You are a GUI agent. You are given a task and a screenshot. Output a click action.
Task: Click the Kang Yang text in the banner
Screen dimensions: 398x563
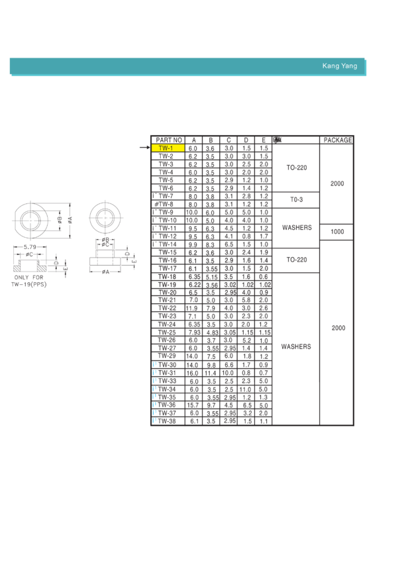[339, 66]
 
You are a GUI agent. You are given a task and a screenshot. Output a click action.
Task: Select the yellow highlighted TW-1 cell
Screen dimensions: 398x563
[168, 148]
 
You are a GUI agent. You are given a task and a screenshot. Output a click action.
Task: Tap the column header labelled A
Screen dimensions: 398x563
[193, 140]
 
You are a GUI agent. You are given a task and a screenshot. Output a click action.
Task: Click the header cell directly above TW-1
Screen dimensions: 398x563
[168, 140]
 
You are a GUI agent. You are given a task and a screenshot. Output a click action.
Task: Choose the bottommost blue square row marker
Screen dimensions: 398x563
[154, 420]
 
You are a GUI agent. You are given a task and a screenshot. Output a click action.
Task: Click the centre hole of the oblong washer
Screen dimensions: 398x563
[30, 219]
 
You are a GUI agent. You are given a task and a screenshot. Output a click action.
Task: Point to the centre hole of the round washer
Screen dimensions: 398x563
[105, 217]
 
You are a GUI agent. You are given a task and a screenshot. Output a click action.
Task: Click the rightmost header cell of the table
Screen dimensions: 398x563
[337, 140]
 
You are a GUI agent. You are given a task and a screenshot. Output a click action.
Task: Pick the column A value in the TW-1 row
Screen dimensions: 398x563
[193, 148]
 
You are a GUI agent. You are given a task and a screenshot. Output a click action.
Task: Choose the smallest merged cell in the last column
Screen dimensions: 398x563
[337, 232]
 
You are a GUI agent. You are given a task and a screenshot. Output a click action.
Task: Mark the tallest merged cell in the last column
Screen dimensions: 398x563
[337, 328]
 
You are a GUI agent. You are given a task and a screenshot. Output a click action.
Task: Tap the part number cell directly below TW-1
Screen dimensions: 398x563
[168, 156]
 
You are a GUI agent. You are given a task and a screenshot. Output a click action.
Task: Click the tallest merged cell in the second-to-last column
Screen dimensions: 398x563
[296, 346]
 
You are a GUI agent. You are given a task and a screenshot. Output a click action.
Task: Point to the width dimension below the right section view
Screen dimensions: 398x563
[105, 272]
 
